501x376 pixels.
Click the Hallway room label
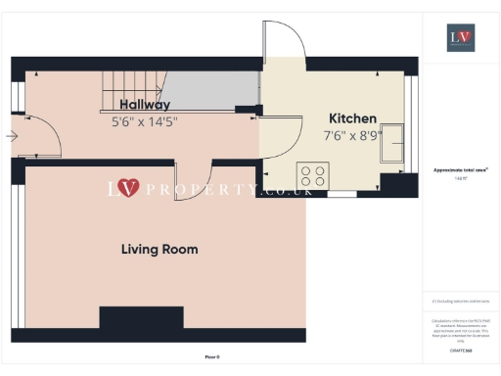click(145, 105)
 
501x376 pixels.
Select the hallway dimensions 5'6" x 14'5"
click(145, 121)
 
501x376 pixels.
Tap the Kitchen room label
click(352, 118)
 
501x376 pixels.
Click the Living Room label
click(159, 250)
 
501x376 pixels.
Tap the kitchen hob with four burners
click(313, 176)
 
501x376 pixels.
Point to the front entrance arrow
click(11, 136)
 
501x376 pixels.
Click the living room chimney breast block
click(141, 319)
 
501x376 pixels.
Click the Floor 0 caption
click(212, 356)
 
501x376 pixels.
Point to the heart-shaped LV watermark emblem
click(128, 187)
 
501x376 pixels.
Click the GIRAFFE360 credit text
click(460, 350)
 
